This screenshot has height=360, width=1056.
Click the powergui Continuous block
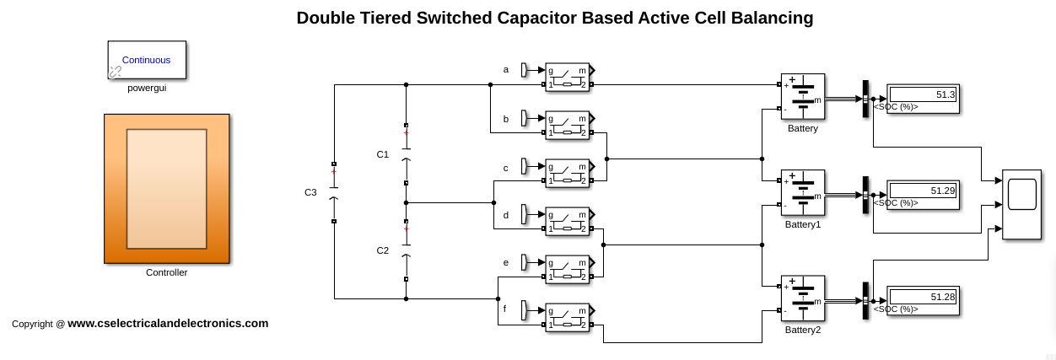147,60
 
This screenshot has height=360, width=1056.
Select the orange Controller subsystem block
166,188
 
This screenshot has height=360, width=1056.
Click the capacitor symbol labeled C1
407,154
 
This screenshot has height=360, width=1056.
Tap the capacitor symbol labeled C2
407,250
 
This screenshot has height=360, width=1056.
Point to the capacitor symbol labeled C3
334,193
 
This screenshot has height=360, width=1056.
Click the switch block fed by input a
568,77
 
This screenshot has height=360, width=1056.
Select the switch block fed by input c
568,173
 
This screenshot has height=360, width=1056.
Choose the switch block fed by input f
568,317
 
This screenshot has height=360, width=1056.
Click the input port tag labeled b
524,118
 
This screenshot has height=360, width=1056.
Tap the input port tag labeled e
524,262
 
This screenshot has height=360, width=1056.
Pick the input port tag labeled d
524,214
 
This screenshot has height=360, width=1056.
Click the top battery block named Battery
802,97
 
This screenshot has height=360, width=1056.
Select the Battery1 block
802,194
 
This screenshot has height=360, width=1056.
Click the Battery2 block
802,299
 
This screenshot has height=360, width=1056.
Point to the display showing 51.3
923,95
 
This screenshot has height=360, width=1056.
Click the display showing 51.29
923,191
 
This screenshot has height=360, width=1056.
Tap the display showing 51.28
923,298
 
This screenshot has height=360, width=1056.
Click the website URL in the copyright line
168,323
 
